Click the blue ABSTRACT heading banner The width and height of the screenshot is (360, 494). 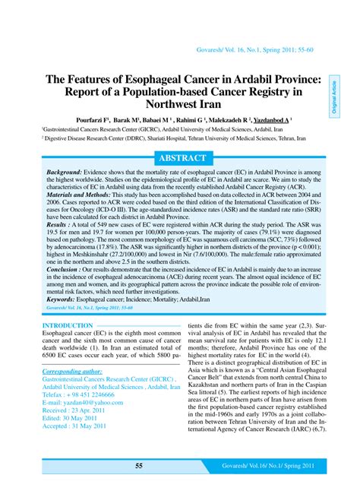click(x=179, y=158)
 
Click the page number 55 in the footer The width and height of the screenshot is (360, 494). click(x=139, y=466)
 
